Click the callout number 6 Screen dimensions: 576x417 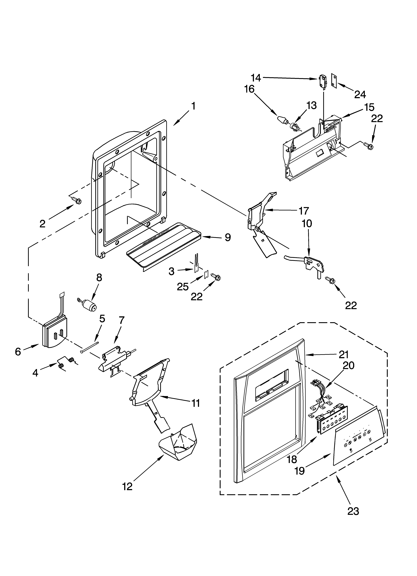coord(18,351)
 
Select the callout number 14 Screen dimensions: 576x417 coord(256,78)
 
